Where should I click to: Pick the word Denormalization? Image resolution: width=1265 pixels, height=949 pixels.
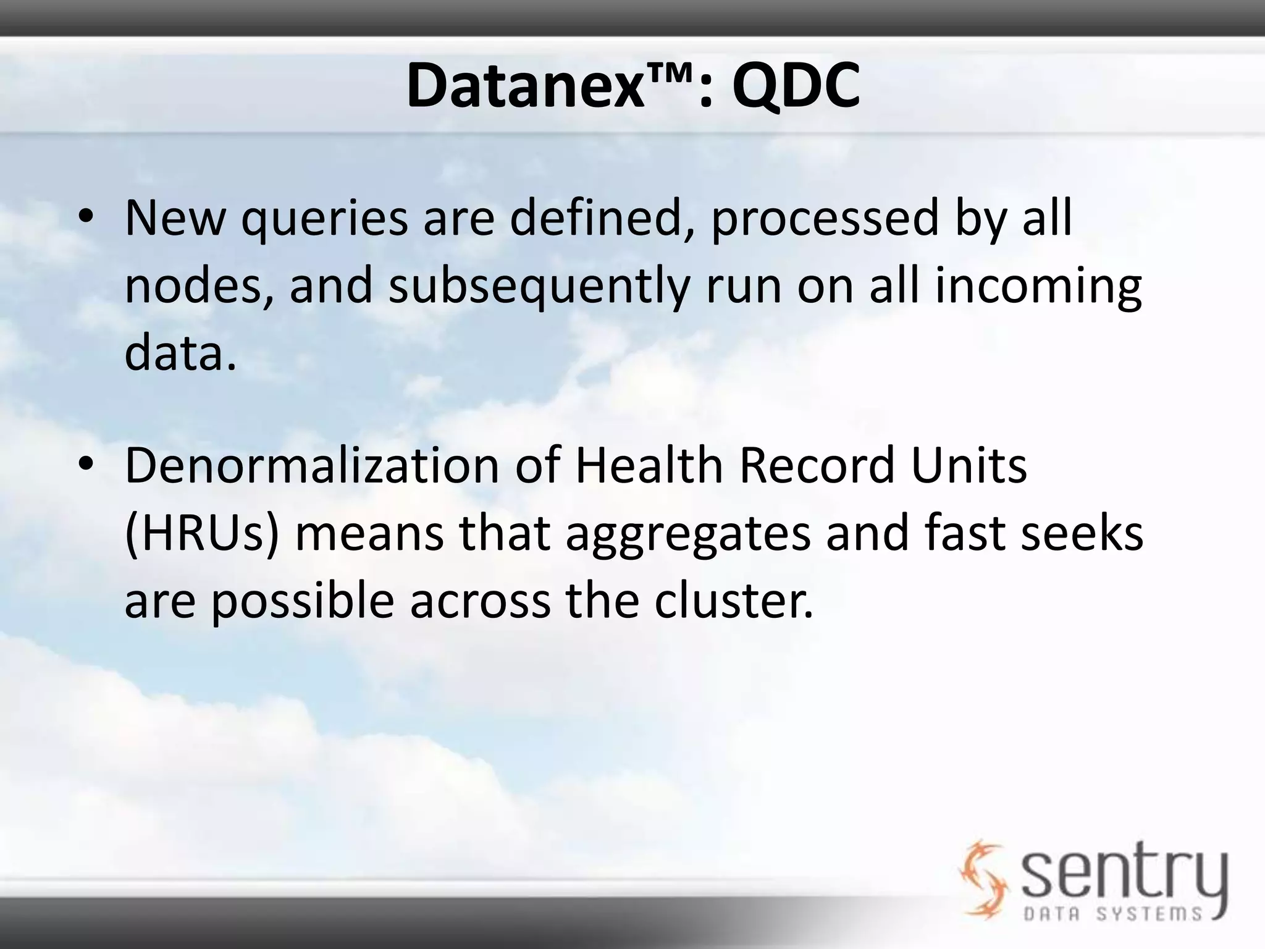click(x=312, y=466)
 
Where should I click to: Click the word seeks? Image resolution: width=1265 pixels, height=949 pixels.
click(x=1082, y=534)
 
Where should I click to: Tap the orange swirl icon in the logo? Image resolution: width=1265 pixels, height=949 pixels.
click(x=982, y=877)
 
